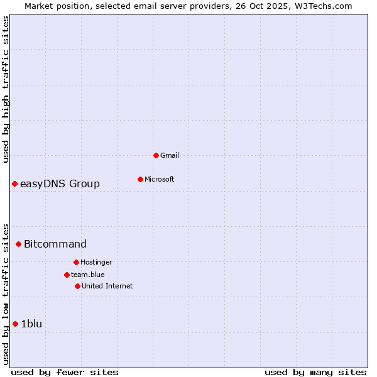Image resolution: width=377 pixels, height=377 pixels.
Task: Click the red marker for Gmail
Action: coord(156,155)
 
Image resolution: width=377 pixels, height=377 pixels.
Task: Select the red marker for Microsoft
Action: coord(140,179)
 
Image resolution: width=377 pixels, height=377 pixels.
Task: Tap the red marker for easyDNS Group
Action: coord(14,183)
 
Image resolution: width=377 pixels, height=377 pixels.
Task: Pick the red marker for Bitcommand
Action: coord(18,244)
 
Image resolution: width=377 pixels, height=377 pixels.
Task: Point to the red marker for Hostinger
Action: coord(76,262)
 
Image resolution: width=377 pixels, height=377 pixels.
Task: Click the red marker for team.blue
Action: coord(67,275)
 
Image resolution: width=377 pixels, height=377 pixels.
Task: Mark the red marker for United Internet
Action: coord(77,286)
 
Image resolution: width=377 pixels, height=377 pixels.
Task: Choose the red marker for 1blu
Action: coord(15,324)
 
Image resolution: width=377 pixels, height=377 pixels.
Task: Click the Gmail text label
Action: coord(170,155)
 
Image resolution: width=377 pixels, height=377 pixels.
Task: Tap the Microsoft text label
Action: coord(160,179)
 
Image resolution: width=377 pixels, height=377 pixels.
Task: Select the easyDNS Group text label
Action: coord(60,183)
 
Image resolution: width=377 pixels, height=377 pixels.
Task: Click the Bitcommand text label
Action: coord(55,244)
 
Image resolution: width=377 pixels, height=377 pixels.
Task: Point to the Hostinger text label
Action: coord(96,262)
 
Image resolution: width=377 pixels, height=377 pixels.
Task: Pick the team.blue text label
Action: coord(88,275)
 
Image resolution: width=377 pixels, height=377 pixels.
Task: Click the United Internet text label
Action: coord(107,286)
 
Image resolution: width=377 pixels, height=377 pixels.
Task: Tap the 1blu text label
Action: coord(31,324)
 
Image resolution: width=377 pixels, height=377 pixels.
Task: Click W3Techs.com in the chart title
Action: coord(325,6)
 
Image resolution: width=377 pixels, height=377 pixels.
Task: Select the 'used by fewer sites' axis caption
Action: coord(65,372)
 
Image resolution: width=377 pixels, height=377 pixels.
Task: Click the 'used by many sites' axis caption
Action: coord(315,372)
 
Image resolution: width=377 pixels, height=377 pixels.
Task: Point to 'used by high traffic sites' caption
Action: coord(6,89)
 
